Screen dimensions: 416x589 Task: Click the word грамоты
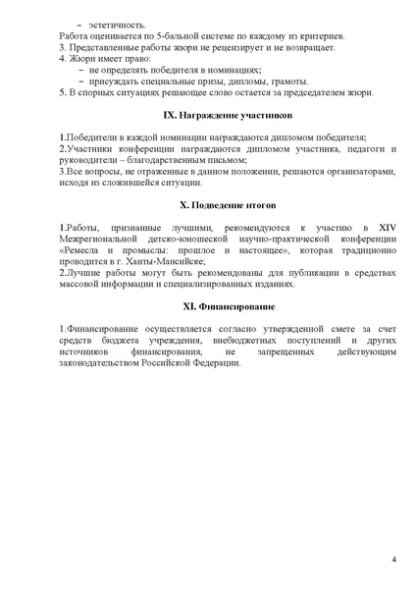pyautogui.click(x=286, y=81)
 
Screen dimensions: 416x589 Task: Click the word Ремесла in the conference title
pyautogui.click(x=84, y=250)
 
